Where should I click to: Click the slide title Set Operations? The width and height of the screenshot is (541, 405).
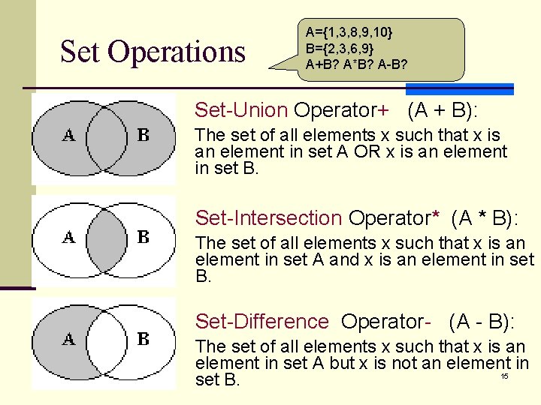[153, 52]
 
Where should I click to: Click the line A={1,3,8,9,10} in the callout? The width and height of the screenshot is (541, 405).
[349, 32]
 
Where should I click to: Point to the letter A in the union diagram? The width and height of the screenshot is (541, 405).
[68, 136]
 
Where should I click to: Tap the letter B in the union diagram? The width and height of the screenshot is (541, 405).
[144, 136]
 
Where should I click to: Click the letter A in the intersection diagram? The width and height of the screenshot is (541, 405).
[68, 238]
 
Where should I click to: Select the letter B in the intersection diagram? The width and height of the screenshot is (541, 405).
[144, 238]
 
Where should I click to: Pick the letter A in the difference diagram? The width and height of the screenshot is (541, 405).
[68, 340]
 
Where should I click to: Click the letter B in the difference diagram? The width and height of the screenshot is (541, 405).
[144, 340]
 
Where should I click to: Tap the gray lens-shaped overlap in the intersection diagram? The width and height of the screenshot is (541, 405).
[106, 238]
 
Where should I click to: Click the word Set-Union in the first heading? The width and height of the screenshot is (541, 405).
[241, 110]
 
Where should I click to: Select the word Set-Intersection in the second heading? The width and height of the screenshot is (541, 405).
[268, 218]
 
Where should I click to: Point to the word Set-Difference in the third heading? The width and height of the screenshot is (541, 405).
[262, 322]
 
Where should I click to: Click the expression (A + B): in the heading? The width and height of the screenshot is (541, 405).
[443, 110]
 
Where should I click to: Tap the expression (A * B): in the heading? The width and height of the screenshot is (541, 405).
[485, 218]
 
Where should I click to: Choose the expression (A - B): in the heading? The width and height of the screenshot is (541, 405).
[482, 322]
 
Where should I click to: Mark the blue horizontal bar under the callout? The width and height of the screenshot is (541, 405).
[480, 88]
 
